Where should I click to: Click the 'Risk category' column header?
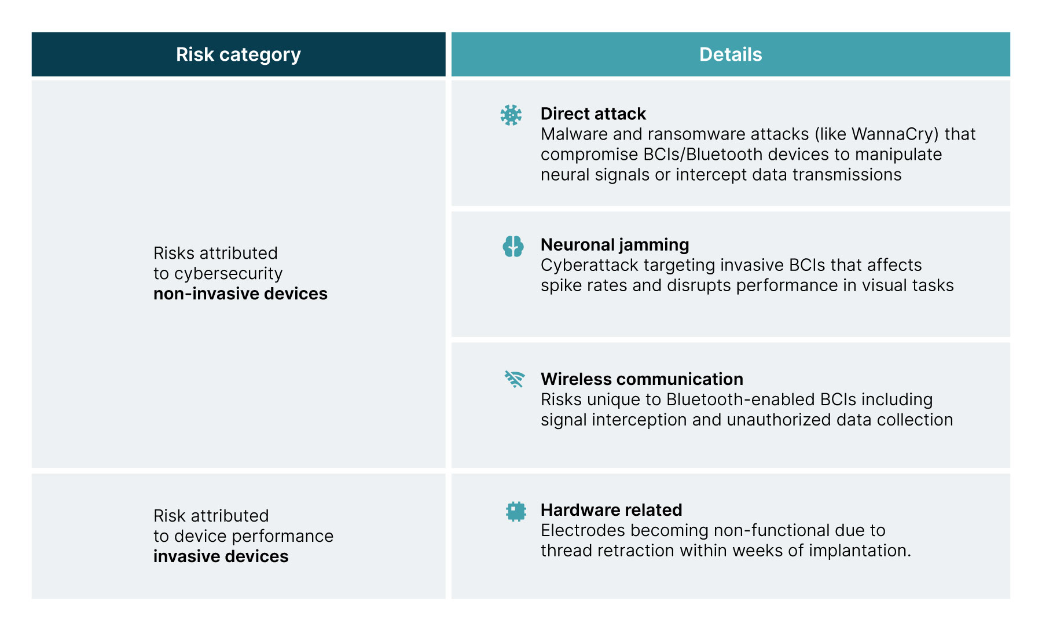239,54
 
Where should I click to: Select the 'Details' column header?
731,54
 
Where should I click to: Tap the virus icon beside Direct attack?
511,115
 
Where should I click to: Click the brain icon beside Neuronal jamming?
513,246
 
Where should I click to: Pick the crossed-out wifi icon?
514,379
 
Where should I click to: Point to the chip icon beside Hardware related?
515,511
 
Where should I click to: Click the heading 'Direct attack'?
593,113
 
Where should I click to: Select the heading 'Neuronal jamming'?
615,245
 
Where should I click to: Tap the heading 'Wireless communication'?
642,379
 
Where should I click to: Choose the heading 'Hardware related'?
611,510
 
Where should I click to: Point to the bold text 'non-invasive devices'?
240,294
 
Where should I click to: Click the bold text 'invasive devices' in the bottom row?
221,556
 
